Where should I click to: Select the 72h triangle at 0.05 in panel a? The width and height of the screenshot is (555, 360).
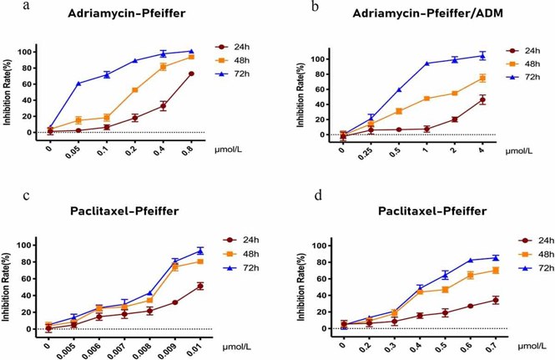coord(78,84)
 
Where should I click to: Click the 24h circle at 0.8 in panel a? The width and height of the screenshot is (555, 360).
coord(191,74)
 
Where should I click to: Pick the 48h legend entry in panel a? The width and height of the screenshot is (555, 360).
coord(243,61)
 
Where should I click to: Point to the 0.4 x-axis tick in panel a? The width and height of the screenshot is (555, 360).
coord(164,150)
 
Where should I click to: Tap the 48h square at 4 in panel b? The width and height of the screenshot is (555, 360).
coord(506,79)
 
